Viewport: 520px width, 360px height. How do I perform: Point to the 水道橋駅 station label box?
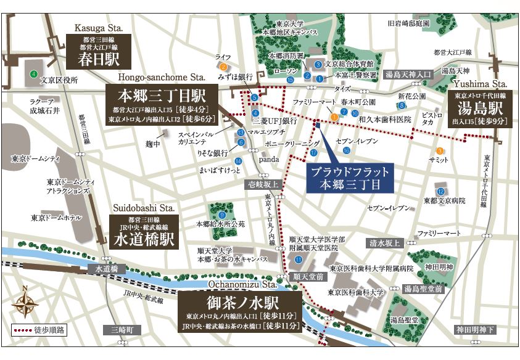pos(144,232)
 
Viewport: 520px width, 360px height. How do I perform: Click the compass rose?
pos(25,303)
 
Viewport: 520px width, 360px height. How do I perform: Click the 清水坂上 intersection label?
pos(384,243)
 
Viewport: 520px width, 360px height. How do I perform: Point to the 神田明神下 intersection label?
pos(476,330)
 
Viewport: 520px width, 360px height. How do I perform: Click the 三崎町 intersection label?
pos(122,330)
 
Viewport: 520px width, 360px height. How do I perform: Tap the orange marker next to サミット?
pos(440,150)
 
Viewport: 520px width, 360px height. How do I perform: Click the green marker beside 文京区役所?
pos(31,75)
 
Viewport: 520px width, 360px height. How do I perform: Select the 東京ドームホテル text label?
pos(56,218)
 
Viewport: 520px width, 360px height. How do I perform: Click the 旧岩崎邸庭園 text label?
pos(408,23)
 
